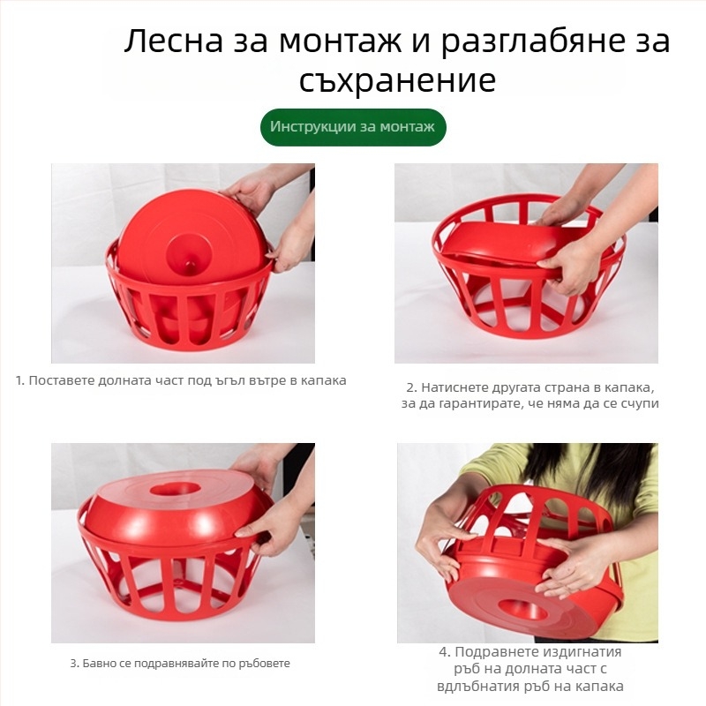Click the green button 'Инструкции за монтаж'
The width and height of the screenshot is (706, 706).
353,127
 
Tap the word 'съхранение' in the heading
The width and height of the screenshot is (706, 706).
397,81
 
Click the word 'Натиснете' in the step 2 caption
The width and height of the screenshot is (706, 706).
450,387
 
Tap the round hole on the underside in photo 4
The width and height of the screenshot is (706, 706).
522,609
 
